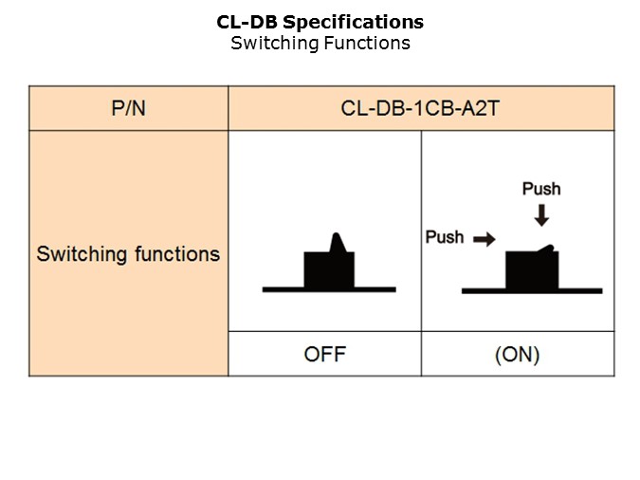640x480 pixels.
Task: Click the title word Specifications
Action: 366,22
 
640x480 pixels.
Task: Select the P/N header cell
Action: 129,108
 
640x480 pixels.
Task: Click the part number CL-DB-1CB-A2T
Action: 420,108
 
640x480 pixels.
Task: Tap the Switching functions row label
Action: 128,254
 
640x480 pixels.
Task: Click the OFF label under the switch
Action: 324,355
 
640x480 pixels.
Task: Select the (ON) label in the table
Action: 518,355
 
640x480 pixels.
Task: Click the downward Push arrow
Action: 541,216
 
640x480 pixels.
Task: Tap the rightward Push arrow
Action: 485,240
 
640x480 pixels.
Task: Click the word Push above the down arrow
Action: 541,189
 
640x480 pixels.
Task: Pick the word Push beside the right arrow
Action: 445,237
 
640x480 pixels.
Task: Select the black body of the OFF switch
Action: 328,269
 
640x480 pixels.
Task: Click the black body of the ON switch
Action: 531,271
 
